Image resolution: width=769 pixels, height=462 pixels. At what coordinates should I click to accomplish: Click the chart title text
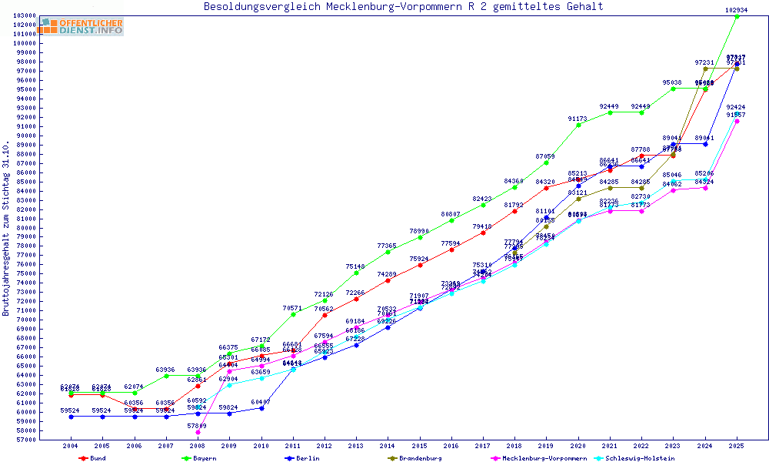click(403, 7)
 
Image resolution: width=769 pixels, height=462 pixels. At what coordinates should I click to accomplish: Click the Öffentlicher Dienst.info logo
click(82, 27)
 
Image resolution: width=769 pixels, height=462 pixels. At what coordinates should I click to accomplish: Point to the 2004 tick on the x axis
click(71, 446)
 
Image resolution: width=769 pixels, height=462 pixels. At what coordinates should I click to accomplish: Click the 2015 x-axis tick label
click(420, 446)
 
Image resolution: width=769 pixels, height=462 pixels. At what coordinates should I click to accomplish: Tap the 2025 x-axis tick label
click(737, 446)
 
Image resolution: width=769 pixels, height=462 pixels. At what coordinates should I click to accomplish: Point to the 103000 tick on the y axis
click(26, 15)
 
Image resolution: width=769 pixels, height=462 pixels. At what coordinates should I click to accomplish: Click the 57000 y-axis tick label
click(28, 440)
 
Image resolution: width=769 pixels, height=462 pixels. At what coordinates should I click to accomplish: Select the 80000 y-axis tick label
click(28, 228)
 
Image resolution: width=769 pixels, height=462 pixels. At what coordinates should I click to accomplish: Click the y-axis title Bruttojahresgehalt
click(6, 229)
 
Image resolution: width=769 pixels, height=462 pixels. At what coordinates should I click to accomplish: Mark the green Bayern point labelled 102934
click(737, 16)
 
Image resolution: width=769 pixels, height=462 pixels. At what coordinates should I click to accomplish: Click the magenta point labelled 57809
click(198, 432)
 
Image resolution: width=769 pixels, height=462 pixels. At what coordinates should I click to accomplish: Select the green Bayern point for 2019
click(547, 162)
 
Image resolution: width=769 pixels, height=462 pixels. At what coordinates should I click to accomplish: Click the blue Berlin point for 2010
click(261, 408)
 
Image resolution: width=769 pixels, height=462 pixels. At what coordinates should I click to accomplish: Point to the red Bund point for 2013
click(356, 299)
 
